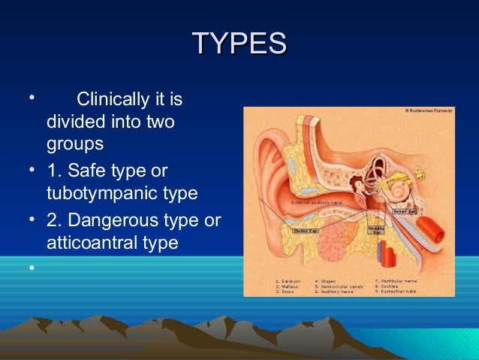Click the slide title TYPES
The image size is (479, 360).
239,43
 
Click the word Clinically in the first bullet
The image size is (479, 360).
112,99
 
